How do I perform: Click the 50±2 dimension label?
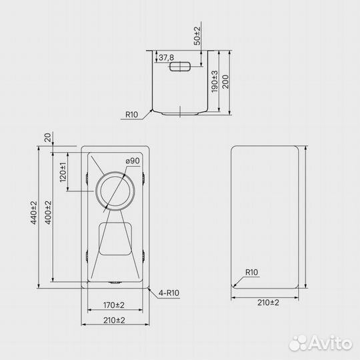197,36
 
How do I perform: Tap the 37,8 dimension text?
166,57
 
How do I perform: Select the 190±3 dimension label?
215,82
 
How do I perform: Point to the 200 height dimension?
226,82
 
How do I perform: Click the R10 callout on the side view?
131,115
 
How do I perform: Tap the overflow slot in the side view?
180,67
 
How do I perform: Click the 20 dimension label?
47,138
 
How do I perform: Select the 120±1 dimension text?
63,172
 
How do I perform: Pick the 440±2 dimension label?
33,213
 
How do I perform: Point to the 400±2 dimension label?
48,213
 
